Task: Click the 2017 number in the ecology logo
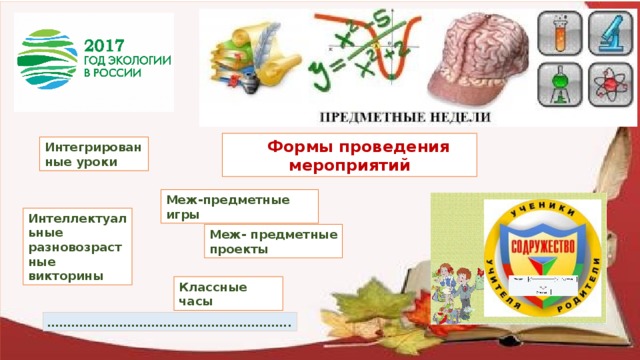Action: [102, 46]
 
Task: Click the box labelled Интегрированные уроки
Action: [91, 153]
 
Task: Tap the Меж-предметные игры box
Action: [239, 206]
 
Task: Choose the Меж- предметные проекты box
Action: [273, 241]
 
